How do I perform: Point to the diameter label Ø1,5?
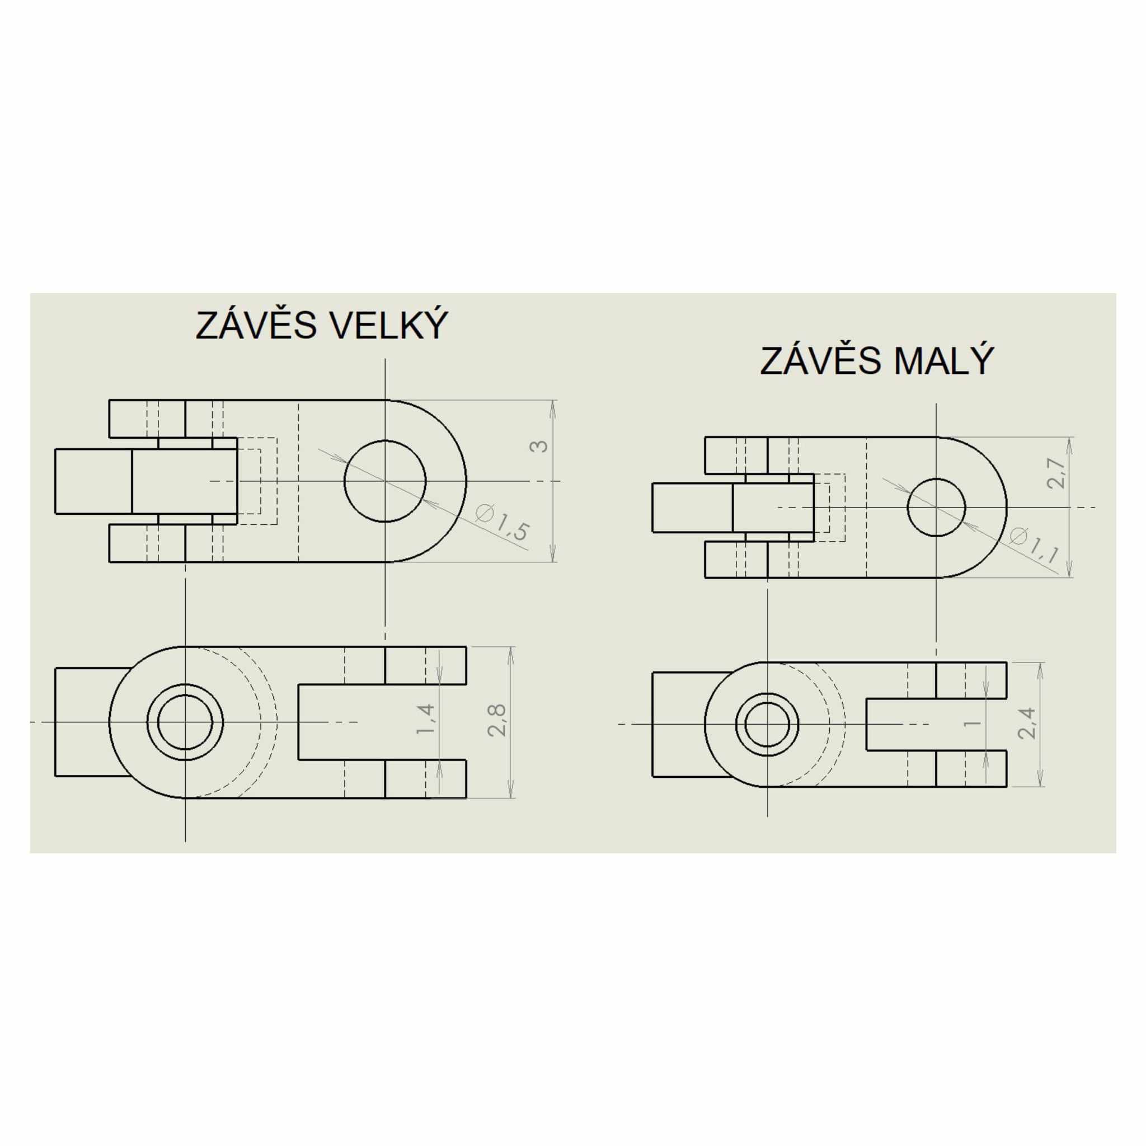tap(502, 522)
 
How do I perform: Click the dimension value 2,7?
tap(1056, 473)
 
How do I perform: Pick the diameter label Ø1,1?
tap(1035, 545)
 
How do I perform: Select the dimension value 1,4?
tap(426, 719)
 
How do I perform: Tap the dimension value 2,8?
tap(496, 720)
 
